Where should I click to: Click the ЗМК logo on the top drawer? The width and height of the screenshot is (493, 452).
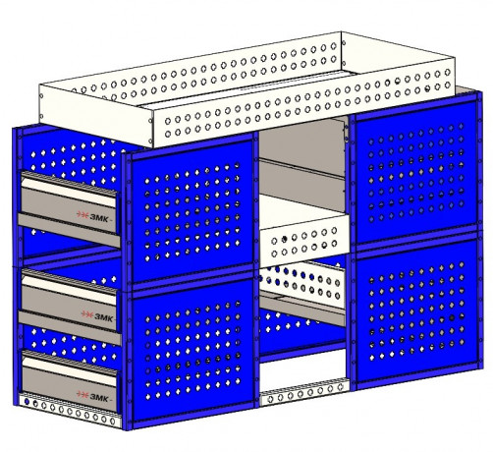[x=92, y=217]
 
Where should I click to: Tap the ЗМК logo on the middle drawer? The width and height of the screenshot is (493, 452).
[x=97, y=316]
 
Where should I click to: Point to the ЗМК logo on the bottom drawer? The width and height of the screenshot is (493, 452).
[x=92, y=397]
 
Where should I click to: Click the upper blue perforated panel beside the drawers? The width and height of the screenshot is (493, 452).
[x=192, y=209]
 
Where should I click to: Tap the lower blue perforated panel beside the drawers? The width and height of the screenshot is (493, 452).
[x=192, y=351]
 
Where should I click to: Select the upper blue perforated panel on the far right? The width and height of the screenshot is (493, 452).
[x=415, y=170]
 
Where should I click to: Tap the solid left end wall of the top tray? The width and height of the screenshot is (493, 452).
[x=95, y=115]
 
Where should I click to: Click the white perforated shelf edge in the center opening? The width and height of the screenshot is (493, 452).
[x=302, y=242]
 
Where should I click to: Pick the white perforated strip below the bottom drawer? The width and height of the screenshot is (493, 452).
[x=70, y=410]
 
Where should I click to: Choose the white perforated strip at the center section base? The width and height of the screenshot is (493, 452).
[x=303, y=392]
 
